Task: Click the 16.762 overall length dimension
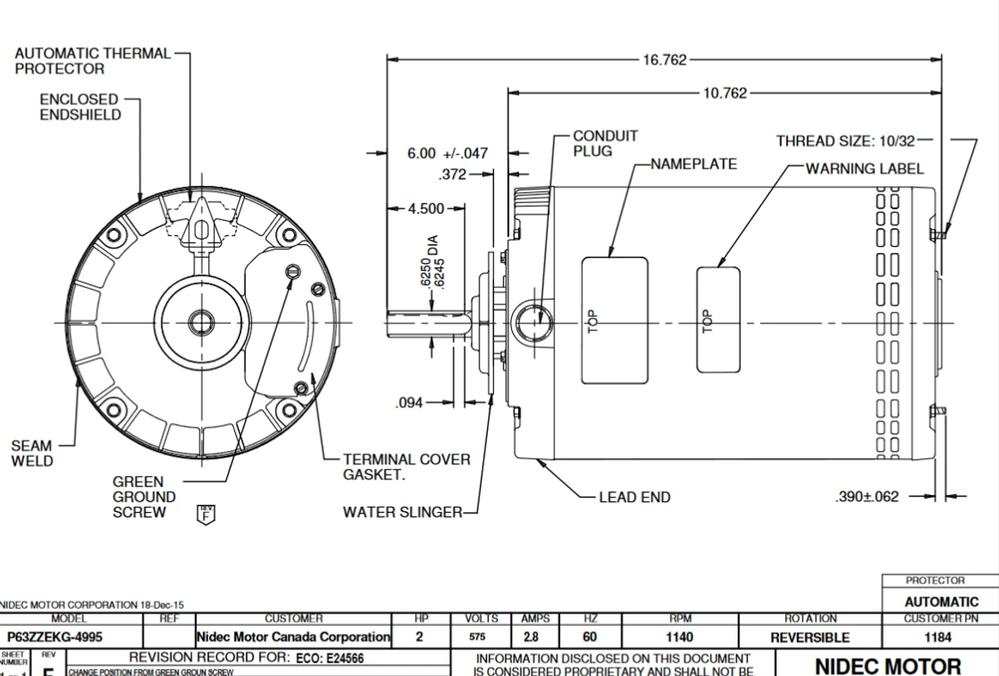(x=664, y=60)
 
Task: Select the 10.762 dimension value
(x=725, y=94)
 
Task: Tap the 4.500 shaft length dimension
(x=425, y=208)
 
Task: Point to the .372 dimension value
(x=453, y=175)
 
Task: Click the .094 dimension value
(x=409, y=403)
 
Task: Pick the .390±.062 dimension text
(x=866, y=496)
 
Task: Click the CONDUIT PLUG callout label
(x=605, y=144)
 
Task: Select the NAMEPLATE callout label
(x=694, y=164)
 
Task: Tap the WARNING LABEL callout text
(x=864, y=169)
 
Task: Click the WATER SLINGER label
(x=402, y=513)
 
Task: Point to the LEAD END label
(x=635, y=497)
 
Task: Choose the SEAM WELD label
(x=32, y=454)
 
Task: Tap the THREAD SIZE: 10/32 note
(x=845, y=141)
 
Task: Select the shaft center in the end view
(x=202, y=322)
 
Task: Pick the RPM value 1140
(x=679, y=637)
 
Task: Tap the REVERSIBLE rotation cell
(x=810, y=637)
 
